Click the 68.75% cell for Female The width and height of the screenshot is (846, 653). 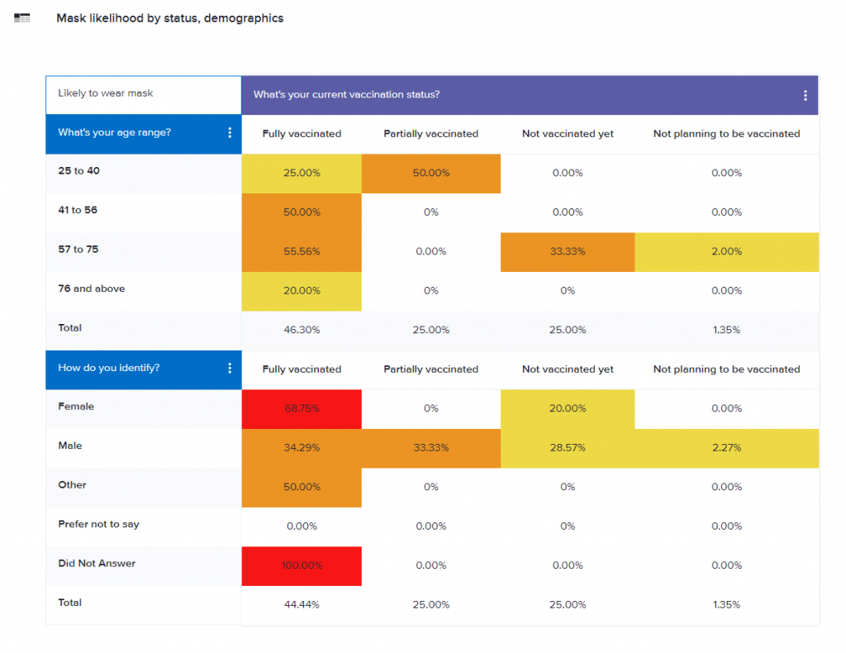click(x=302, y=408)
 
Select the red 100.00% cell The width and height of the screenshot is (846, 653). click(x=302, y=565)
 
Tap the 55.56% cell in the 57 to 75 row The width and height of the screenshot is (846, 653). click(x=302, y=251)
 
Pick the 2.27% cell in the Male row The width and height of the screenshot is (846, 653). click(x=726, y=448)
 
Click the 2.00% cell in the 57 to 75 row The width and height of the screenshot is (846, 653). click(x=726, y=251)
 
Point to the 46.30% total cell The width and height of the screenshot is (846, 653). click(x=302, y=330)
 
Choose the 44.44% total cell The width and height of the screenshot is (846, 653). click(x=302, y=604)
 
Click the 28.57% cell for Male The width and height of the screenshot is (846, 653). click(x=568, y=448)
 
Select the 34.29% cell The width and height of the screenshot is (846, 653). click(x=302, y=448)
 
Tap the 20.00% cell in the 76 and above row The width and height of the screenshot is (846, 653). click(x=302, y=291)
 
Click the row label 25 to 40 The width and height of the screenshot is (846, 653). click(x=79, y=170)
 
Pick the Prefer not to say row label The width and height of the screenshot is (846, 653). click(x=98, y=524)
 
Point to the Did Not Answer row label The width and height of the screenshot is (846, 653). click(x=97, y=563)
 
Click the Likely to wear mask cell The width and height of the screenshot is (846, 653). click(x=106, y=93)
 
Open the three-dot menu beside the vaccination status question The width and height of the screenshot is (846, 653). click(x=806, y=95)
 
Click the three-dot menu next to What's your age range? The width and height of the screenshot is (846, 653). click(x=230, y=132)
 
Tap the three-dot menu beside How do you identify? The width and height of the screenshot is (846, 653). click(x=230, y=368)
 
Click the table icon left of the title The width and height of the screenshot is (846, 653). click(x=22, y=18)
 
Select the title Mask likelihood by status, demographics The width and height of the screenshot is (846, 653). click(x=169, y=18)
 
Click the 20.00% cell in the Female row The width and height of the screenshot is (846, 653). click(x=568, y=408)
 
